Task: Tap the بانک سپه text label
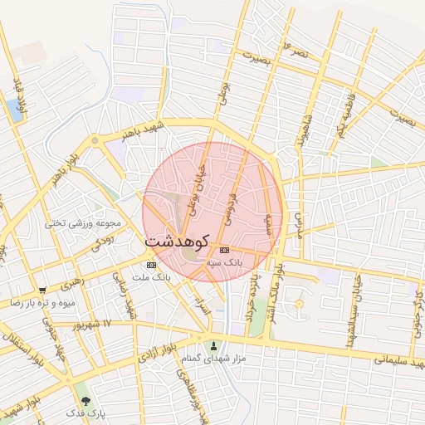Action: (x=225, y=262)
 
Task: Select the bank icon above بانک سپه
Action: (x=224, y=250)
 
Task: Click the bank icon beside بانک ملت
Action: (x=150, y=265)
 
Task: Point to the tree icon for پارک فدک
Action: (x=85, y=402)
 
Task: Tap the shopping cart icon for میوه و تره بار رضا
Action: (x=42, y=291)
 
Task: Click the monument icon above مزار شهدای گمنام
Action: (x=215, y=345)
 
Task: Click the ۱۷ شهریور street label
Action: (x=90, y=325)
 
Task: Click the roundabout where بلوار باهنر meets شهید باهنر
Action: (x=95, y=141)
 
